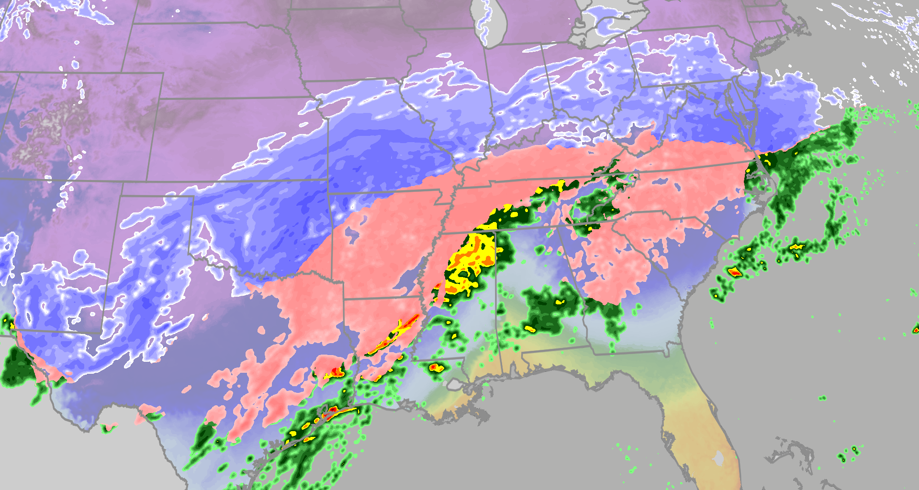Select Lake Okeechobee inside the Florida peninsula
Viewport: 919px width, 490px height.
point(718,458)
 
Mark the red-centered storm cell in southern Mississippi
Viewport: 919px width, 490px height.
point(435,367)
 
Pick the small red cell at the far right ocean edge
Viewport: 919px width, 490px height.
point(916,329)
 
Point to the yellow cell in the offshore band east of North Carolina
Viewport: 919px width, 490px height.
point(796,247)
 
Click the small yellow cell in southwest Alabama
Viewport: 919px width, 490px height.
point(530,329)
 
